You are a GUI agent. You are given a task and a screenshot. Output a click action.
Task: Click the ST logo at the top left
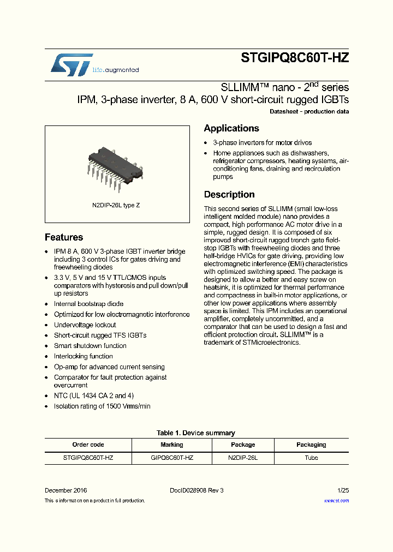[x=72, y=64]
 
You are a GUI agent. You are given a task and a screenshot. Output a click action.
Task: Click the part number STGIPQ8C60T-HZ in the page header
[x=294, y=59]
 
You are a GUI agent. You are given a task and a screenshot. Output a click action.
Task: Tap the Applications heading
[x=231, y=129]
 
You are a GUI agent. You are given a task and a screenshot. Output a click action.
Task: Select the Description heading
[x=229, y=195]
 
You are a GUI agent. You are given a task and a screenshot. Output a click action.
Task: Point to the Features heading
[x=64, y=237]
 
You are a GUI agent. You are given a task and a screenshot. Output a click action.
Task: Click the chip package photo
[x=116, y=164]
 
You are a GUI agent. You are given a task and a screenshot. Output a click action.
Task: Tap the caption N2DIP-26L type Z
[x=117, y=205]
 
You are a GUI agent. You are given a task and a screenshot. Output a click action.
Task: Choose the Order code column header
[x=88, y=445]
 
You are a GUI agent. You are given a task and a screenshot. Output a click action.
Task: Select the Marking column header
[x=172, y=445]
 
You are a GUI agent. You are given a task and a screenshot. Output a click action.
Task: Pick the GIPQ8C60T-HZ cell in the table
[x=172, y=458]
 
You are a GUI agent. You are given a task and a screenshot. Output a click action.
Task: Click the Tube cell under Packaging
[x=311, y=458]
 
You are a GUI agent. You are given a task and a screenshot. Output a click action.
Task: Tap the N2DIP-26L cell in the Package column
[x=243, y=458]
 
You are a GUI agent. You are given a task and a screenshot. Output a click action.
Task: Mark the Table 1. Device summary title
[x=196, y=433]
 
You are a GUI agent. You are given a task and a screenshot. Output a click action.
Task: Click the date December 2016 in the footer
[x=65, y=490]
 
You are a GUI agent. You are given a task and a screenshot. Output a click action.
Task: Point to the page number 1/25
[x=343, y=490]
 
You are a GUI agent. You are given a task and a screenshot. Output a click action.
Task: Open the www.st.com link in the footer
[x=336, y=500]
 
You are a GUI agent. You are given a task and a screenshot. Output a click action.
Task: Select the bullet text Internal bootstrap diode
[x=88, y=304]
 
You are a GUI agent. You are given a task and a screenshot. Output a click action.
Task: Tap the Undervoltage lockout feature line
[x=85, y=325]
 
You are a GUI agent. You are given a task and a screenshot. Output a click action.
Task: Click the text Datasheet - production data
[x=309, y=112]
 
